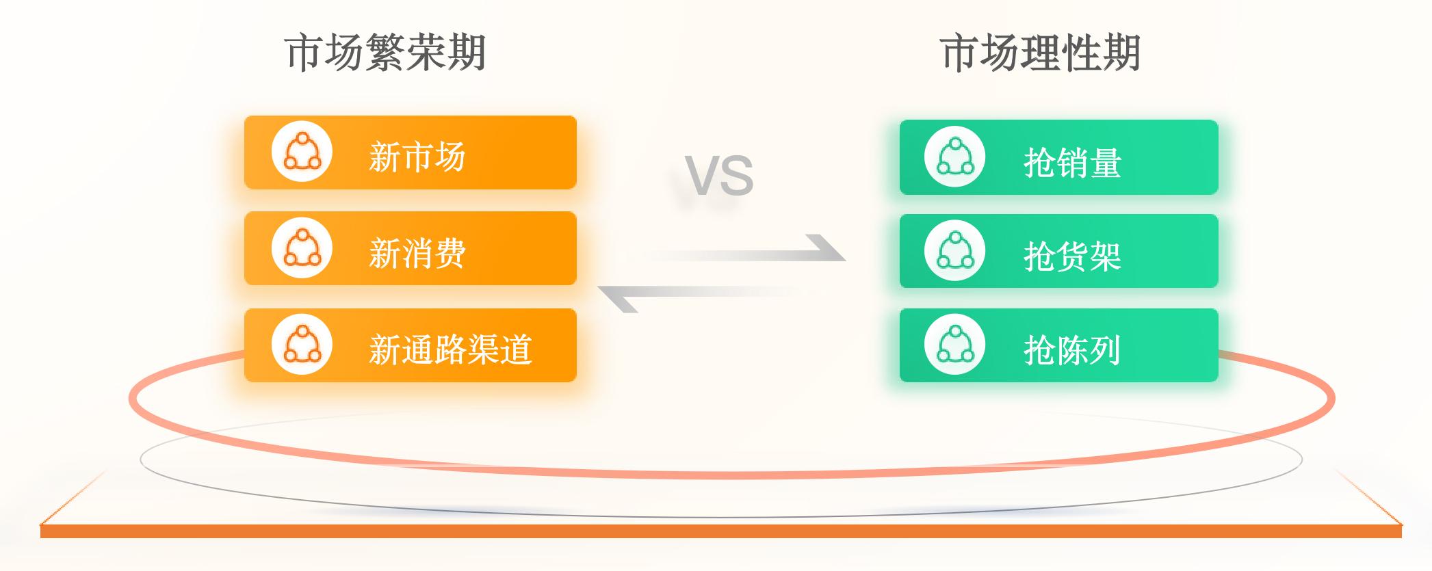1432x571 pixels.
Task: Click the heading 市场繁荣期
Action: pyautogui.click(x=385, y=53)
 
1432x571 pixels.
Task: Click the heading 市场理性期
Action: pyautogui.click(x=1040, y=53)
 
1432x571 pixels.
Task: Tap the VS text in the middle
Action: pyautogui.click(x=719, y=176)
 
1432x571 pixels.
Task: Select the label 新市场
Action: pyautogui.click(x=417, y=157)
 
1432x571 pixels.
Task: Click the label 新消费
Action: pyautogui.click(x=417, y=253)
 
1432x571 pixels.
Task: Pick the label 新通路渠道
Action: pyautogui.click(x=450, y=349)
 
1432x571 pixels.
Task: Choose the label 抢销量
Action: pyautogui.click(x=1072, y=163)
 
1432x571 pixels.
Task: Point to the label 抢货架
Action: pyautogui.click(x=1072, y=256)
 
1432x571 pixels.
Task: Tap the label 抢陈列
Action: pyautogui.click(x=1072, y=350)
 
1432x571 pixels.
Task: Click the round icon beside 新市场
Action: pyautogui.click(x=302, y=152)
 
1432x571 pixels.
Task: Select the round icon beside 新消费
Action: pyautogui.click(x=302, y=248)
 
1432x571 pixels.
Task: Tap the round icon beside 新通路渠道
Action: pyautogui.click(x=302, y=344)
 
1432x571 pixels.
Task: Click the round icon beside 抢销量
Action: pyautogui.click(x=954, y=157)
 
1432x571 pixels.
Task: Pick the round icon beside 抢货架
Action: pyautogui.click(x=954, y=251)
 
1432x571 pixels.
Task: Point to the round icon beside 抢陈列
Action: pyautogui.click(x=954, y=345)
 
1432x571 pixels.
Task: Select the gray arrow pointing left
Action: pyautogui.click(x=705, y=292)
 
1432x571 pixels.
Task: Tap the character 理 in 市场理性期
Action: pyautogui.click(x=1040, y=53)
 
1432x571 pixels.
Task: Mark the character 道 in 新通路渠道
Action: pyautogui.click(x=516, y=349)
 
